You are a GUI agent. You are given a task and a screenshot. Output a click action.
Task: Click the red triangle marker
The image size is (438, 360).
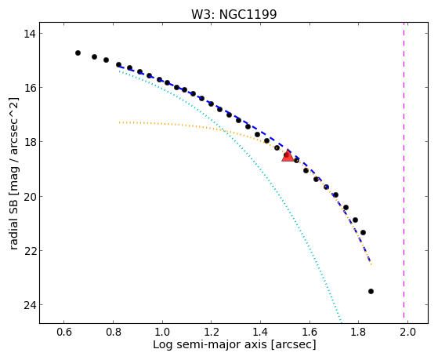pyautogui.click(x=288, y=156)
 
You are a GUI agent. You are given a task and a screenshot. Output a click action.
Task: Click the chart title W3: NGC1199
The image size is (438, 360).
pyautogui.click(x=233, y=14)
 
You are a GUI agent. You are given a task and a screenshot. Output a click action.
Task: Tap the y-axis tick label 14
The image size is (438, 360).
pyautogui.click(x=29, y=34)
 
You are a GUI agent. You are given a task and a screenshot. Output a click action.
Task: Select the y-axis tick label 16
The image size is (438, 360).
pyautogui.click(x=29, y=88)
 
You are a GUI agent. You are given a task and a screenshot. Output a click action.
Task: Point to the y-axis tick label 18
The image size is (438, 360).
pyautogui.click(x=29, y=142)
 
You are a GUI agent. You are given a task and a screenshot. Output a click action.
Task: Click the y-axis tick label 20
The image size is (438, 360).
pyautogui.click(x=29, y=196)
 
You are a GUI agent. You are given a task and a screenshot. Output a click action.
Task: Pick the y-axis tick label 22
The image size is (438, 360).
pyautogui.click(x=29, y=251)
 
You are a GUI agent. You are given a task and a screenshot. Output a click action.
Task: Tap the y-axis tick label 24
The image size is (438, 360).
pyautogui.click(x=29, y=305)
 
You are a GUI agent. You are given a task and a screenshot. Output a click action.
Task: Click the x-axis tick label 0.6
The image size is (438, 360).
pyautogui.click(x=64, y=332)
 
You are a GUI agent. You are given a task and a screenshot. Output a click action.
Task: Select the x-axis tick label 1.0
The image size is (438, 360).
pyautogui.click(x=162, y=332)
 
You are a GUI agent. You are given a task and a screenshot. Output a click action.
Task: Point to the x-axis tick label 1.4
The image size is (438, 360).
pyautogui.click(x=260, y=332)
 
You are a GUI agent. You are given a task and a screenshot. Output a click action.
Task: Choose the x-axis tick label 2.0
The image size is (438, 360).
pyautogui.click(x=407, y=332)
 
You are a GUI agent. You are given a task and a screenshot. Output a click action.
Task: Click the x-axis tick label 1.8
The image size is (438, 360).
pyautogui.click(x=359, y=332)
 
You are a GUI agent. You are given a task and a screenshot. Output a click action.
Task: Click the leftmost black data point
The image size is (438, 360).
pyautogui.click(x=78, y=53)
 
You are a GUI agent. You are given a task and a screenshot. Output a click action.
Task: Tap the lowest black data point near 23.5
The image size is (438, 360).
pyautogui.click(x=371, y=292)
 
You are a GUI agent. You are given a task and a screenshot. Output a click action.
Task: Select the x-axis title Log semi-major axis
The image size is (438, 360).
pyautogui.click(x=209, y=344)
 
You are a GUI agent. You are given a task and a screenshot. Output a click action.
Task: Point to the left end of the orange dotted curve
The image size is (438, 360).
pyautogui.click(x=119, y=122)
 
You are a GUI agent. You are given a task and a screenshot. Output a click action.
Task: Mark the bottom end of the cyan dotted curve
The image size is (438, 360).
pyautogui.click(x=341, y=321)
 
